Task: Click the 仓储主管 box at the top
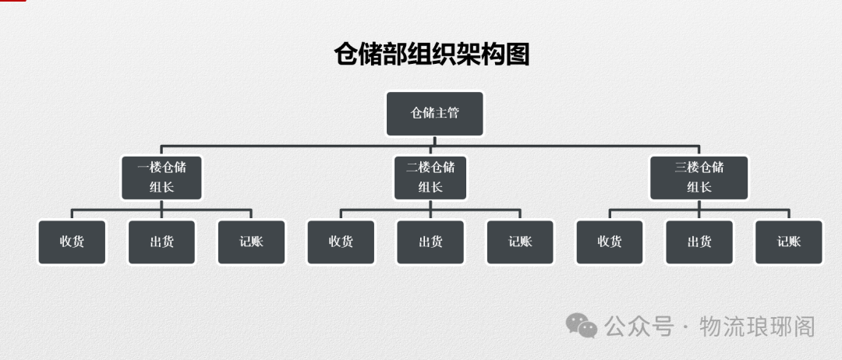coord(435,113)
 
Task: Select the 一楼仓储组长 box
coord(161,177)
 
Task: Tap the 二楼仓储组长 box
coord(430,177)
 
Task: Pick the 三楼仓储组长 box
coord(699,177)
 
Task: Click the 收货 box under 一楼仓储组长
coord(72,242)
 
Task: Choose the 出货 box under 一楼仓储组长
coord(161,242)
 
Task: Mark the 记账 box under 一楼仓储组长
coord(251,242)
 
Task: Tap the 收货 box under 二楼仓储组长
coord(341,242)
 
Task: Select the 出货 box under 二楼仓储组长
coord(430,242)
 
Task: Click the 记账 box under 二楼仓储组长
coord(520,242)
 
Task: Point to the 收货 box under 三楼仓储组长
coord(610,242)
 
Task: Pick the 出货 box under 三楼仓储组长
coord(699,242)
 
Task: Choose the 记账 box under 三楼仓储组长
coord(788,242)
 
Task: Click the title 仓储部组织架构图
coord(432,55)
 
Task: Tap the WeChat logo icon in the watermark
coord(582,325)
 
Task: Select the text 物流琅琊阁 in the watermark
coord(757,326)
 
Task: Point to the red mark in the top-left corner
coord(12,2)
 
